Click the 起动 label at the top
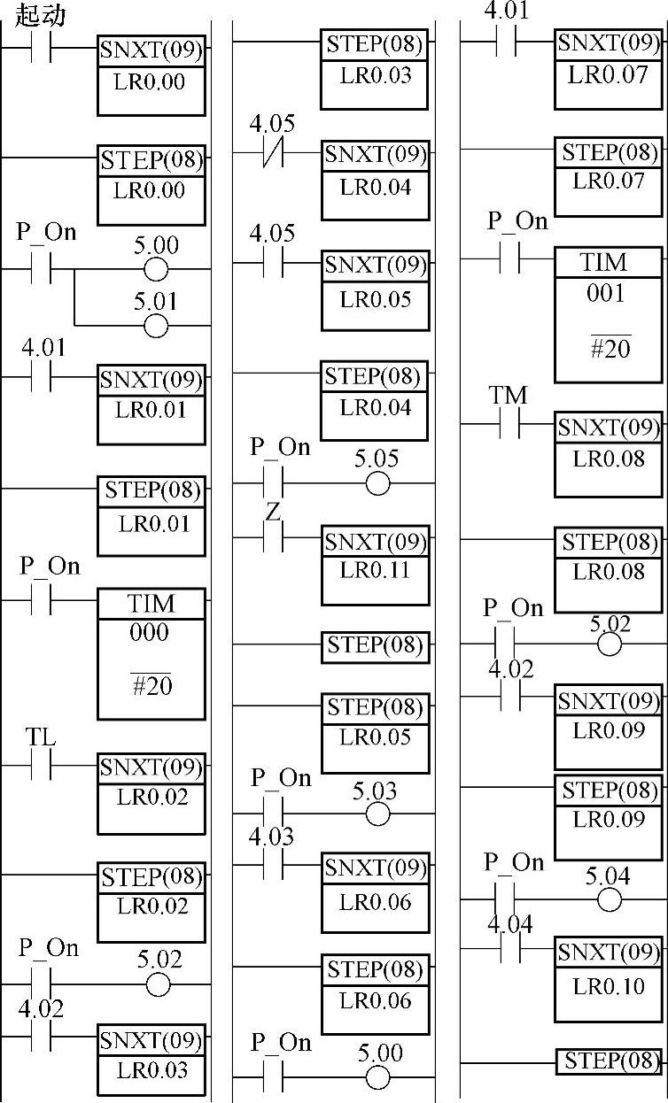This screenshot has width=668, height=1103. coord(41,15)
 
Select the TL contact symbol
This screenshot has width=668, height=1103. coord(41,767)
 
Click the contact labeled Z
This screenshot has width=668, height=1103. coord(273,539)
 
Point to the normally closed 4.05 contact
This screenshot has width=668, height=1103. coord(273,153)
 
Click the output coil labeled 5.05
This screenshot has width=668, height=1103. coord(377,483)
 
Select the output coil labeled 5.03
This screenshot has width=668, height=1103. coord(377,814)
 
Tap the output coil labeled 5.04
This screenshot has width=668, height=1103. coord(610,900)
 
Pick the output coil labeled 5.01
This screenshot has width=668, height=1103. coord(155,326)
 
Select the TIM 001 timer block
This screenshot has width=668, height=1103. coord(607,314)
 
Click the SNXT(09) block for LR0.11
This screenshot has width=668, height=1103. coord(375,566)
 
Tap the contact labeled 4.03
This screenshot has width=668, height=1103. coord(273,867)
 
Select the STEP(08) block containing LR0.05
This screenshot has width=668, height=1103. coord(375,732)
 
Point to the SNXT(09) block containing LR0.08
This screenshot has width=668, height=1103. coord(608,452)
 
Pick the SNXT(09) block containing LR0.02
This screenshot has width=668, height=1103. coord(151,793)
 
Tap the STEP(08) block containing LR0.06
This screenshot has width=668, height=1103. coord(375,993)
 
